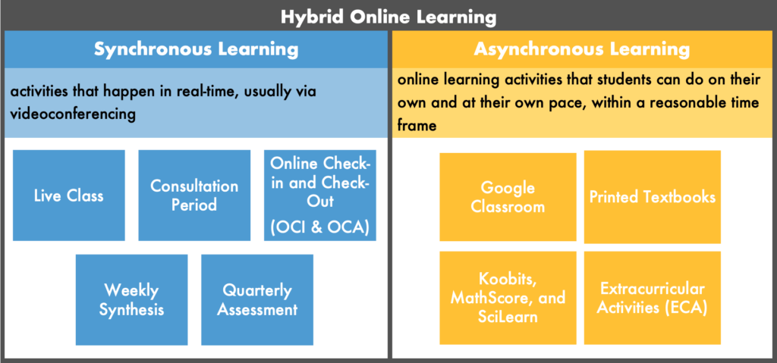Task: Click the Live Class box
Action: [x=69, y=195]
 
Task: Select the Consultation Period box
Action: [x=194, y=195]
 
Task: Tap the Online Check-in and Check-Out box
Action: [x=320, y=195]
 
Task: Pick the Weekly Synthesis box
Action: [x=132, y=299]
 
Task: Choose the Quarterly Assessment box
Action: [x=257, y=299]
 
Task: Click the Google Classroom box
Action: [x=508, y=197]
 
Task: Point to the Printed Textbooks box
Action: [x=653, y=197]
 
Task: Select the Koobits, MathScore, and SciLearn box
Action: [x=508, y=298]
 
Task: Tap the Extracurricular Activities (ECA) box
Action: [x=653, y=298]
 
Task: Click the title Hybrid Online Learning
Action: [x=388, y=17]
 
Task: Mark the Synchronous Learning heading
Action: [x=197, y=49]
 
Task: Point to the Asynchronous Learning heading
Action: [x=582, y=49]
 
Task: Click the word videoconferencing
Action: [x=73, y=114]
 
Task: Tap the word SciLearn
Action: [x=508, y=317]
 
